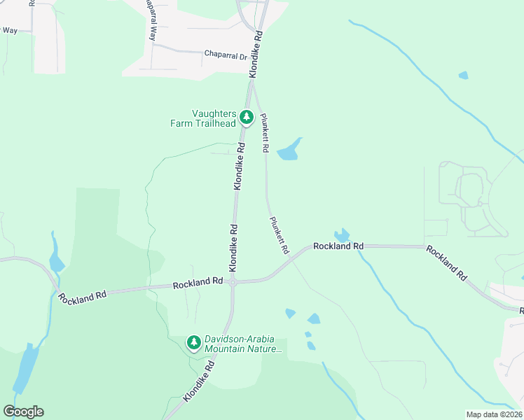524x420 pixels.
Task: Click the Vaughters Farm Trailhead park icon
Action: point(246,117)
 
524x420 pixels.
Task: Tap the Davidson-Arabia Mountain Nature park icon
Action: point(193,342)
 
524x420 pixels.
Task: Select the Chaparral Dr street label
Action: point(226,53)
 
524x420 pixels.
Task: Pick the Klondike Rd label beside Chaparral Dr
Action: point(257,54)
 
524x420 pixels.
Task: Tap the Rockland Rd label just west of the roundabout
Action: point(198,282)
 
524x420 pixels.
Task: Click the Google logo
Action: point(23,412)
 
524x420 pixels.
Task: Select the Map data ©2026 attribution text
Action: point(495,414)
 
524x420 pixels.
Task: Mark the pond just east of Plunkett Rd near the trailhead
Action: point(289,150)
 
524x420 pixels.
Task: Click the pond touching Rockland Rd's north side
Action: point(342,236)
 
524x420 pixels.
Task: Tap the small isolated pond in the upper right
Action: point(463,75)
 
